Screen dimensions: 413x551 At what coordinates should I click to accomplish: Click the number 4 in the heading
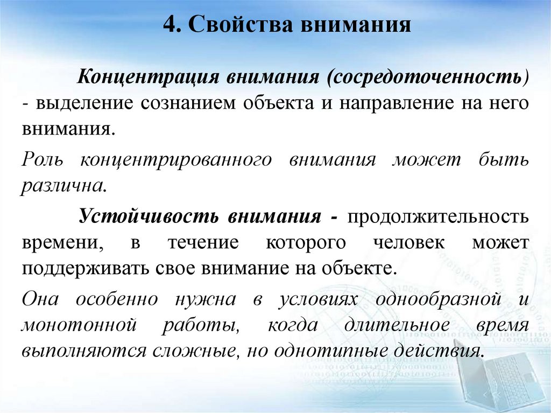click(168, 25)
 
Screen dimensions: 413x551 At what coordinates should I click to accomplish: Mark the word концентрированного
click(174, 160)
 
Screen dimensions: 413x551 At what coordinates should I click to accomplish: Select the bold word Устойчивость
click(149, 216)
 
